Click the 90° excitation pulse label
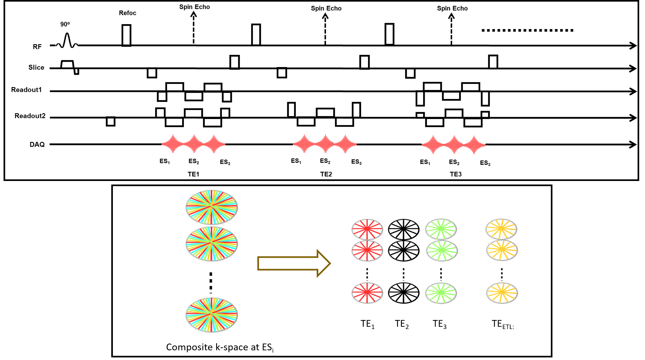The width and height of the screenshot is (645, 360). pyautogui.click(x=65, y=24)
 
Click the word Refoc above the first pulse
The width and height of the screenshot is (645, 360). pyautogui.click(x=127, y=13)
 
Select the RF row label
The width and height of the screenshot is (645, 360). pyautogui.click(x=37, y=47)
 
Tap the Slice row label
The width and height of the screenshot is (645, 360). pyautogui.click(x=36, y=67)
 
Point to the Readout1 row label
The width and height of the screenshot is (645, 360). pyautogui.click(x=26, y=90)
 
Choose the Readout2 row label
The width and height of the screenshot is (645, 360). pyautogui.click(x=30, y=116)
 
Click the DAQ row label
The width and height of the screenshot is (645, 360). pyautogui.click(x=37, y=145)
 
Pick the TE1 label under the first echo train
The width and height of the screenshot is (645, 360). pyautogui.click(x=193, y=174)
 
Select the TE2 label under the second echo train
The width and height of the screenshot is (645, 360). pyautogui.click(x=326, y=174)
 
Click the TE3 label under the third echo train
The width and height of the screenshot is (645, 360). pyautogui.click(x=456, y=174)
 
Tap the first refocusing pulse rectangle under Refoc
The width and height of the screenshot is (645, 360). pyautogui.click(x=126, y=35)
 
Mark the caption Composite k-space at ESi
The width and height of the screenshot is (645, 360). pyautogui.click(x=220, y=347)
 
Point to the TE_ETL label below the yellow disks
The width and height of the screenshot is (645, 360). pyautogui.click(x=502, y=324)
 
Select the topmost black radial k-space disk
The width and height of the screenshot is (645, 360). pyautogui.click(x=403, y=229)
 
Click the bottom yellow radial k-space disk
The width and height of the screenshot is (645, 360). pyautogui.click(x=502, y=293)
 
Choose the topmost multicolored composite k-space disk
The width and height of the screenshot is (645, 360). pyautogui.click(x=212, y=207)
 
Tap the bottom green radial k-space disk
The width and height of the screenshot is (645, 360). pyautogui.click(x=441, y=293)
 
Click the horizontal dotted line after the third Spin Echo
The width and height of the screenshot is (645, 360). pyautogui.click(x=527, y=30)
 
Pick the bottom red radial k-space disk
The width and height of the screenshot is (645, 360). pyautogui.click(x=367, y=293)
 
